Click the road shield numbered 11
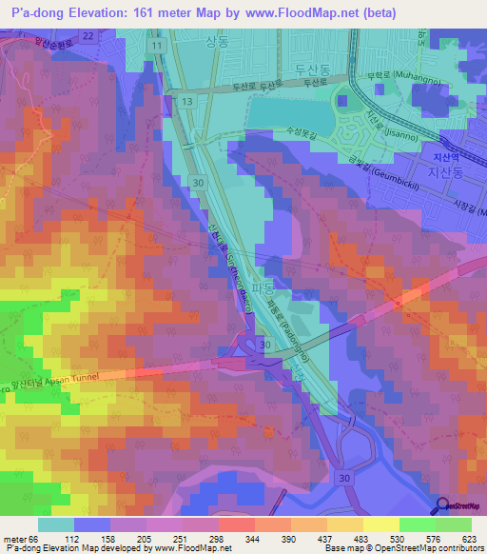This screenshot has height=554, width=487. (154, 45)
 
